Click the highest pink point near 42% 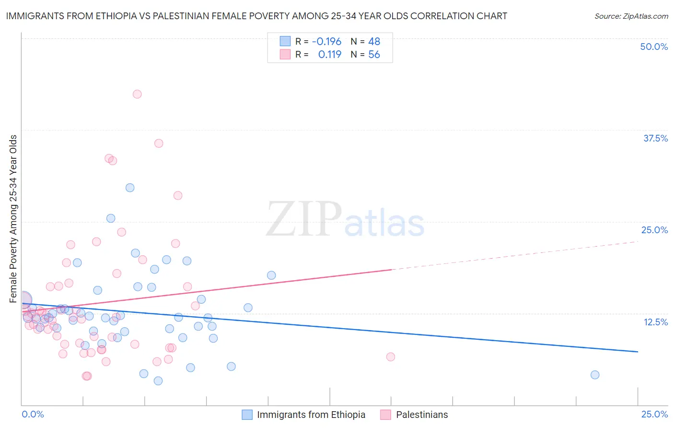[137, 94]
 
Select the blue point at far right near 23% [595, 375]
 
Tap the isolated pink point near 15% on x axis [391, 357]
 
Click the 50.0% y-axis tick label [654, 47]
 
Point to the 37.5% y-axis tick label [655, 138]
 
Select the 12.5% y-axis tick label [655, 322]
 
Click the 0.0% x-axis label [33, 415]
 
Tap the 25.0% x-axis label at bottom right [654, 415]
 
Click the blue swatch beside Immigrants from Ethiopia [247, 415]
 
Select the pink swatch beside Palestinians [386, 415]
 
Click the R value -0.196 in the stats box [326, 42]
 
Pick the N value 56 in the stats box [374, 55]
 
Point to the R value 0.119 [329, 55]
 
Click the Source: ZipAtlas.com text [631, 16]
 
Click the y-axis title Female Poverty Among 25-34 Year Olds [13, 219]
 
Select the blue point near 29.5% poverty [130, 188]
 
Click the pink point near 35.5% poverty [159, 143]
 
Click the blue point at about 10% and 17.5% [271, 275]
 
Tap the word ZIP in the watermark [303, 220]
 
